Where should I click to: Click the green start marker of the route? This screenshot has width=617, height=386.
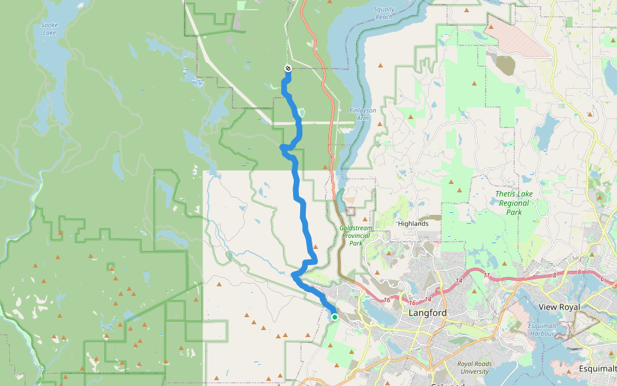[x=335, y=317]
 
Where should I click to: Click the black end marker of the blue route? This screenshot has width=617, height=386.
[x=287, y=68]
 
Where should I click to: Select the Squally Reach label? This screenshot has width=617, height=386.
[x=384, y=14]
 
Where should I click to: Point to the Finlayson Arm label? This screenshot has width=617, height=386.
[x=363, y=114]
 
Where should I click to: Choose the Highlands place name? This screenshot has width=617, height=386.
[x=413, y=224]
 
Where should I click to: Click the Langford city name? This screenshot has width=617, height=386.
[x=427, y=313]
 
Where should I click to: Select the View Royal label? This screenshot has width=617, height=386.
[x=560, y=307]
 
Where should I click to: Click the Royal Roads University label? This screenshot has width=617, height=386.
[x=474, y=368]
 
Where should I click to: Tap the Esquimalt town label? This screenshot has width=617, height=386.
[x=596, y=369]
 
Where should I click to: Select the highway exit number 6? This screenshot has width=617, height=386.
[x=602, y=279]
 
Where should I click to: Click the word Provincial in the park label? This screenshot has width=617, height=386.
[x=356, y=235]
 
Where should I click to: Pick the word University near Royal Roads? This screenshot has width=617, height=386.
[x=474, y=372]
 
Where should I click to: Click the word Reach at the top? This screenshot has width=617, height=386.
[x=384, y=17]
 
